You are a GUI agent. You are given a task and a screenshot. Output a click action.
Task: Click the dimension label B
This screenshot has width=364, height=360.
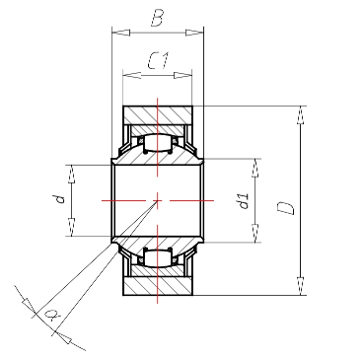click(x=158, y=19)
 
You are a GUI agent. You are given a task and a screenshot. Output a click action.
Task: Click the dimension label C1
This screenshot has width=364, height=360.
click(x=158, y=60)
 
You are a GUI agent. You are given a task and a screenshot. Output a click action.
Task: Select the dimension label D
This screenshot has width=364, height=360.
click(x=286, y=208)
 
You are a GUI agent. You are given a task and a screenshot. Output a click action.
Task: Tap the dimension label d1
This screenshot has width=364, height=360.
click(x=245, y=201)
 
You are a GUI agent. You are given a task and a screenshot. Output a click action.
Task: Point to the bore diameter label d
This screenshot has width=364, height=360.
click(x=60, y=199)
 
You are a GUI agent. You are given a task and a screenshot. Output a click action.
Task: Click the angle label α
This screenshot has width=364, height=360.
click(x=51, y=315)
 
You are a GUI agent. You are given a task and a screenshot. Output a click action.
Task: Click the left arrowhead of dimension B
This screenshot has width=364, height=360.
click(x=121, y=33)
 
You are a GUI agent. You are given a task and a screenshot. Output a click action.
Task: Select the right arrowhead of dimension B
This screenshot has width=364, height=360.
click(x=194, y=33)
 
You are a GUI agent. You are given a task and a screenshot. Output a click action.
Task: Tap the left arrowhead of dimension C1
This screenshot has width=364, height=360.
click(x=132, y=75)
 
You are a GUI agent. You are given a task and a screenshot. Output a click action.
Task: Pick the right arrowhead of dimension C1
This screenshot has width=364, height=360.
click(x=182, y=75)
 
